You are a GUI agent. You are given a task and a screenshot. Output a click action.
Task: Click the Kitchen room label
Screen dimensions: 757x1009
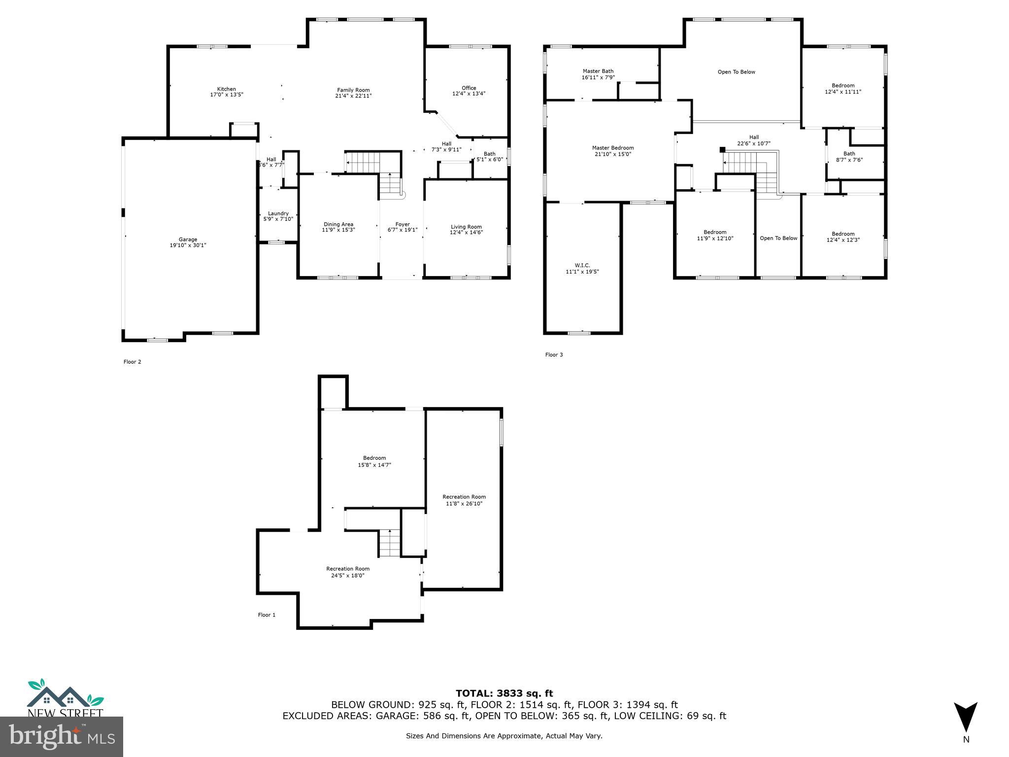tap(227, 89)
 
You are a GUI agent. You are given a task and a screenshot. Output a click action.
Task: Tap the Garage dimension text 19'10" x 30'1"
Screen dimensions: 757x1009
tap(188, 245)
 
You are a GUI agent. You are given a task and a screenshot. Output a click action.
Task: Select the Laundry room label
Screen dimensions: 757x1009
tap(278, 213)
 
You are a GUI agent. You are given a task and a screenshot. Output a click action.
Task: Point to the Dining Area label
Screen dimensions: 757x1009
tap(338, 224)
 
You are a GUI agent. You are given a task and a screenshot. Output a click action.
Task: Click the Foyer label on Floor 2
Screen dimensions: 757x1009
tap(403, 224)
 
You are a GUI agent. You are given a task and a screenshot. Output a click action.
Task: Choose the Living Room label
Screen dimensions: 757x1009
tap(466, 227)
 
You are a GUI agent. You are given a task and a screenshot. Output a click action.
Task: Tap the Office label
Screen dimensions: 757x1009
tap(469, 88)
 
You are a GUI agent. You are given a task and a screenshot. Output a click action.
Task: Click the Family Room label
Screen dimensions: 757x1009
tap(353, 90)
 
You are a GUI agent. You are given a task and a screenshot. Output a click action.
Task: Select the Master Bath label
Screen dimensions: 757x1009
tap(598, 71)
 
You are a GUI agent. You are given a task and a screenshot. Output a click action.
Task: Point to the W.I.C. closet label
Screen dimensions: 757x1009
tap(582, 265)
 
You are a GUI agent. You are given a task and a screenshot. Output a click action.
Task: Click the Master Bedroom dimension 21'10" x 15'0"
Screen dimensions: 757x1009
tap(613, 154)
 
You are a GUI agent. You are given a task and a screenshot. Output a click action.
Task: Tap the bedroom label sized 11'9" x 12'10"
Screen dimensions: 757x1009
tap(715, 232)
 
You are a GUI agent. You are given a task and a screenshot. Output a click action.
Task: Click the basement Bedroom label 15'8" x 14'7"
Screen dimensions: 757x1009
tap(374, 458)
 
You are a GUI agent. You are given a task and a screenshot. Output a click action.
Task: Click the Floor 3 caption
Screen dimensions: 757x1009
tap(554, 355)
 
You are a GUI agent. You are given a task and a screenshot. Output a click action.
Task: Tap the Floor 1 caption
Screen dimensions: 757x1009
tap(267, 615)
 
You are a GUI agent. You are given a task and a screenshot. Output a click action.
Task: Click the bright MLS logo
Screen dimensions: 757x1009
tap(62, 736)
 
